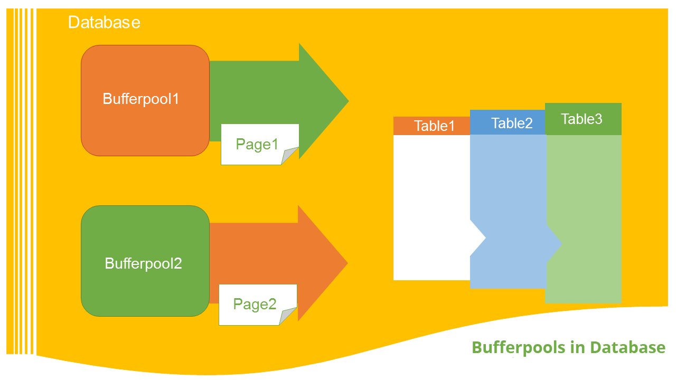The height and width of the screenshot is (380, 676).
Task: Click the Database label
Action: pos(104,22)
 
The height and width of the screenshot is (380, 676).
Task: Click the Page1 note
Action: pos(257,144)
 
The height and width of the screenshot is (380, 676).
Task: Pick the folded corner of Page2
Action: pos(288,317)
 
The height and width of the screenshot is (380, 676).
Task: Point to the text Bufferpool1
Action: pos(141,99)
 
